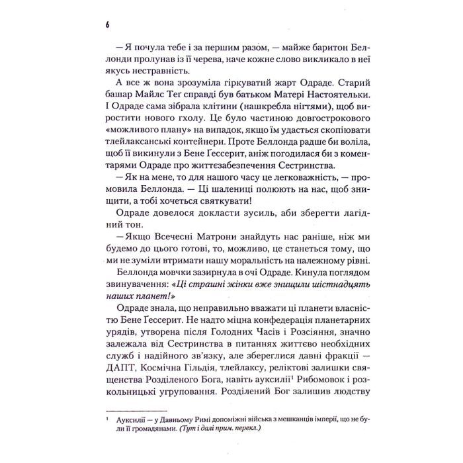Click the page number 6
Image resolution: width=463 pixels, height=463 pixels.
coord(106,25)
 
